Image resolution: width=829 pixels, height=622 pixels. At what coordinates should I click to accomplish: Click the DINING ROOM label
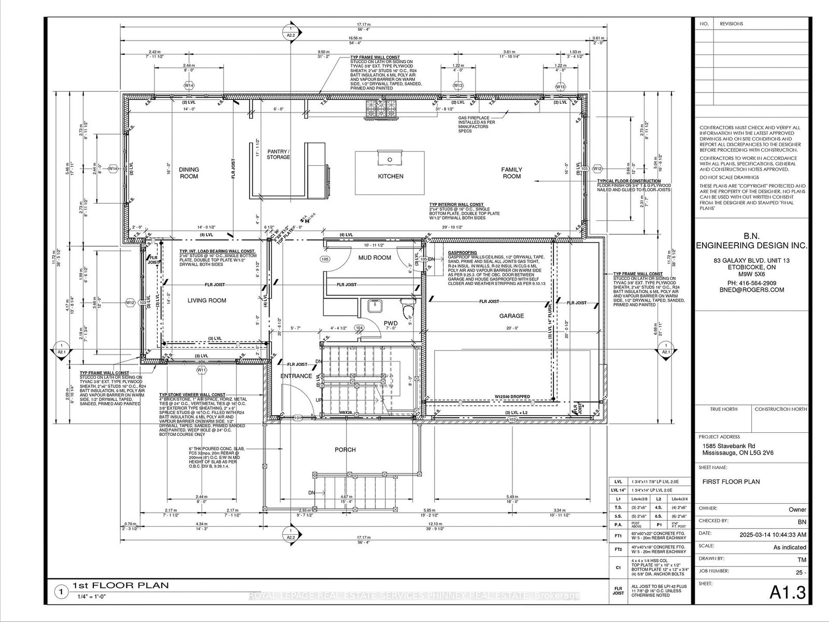click(189, 173)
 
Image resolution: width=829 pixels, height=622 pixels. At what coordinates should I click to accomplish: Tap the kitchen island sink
click(390, 158)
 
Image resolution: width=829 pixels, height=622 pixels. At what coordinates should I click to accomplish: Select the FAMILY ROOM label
click(511, 173)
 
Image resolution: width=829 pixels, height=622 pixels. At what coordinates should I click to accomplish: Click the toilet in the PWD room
click(409, 309)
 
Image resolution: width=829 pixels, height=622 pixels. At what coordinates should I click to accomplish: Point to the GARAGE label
click(511, 316)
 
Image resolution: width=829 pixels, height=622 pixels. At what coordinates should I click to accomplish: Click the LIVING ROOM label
click(207, 300)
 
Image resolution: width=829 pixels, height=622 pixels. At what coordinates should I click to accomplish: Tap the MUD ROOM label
click(375, 258)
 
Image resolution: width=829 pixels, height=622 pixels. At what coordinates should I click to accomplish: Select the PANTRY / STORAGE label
click(278, 154)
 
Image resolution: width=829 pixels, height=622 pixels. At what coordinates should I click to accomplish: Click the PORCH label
click(345, 449)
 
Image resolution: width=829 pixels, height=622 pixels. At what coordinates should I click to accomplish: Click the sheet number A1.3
click(788, 592)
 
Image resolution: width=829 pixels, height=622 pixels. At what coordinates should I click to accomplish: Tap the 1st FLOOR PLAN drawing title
click(120, 586)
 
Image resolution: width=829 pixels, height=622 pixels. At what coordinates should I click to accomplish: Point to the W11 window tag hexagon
click(201, 370)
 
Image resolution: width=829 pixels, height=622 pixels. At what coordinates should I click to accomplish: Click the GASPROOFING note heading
click(463, 252)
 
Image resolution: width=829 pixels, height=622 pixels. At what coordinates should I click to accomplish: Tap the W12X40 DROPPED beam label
click(511, 397)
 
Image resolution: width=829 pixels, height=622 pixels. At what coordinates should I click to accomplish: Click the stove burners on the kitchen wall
click(381, 109)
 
